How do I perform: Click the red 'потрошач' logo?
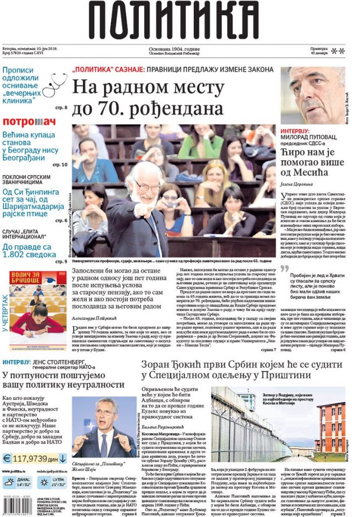pos(29,122)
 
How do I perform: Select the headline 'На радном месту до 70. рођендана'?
pos(147,97)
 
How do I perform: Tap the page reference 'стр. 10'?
pos(60,165)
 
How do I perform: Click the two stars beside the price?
pos(338,50)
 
